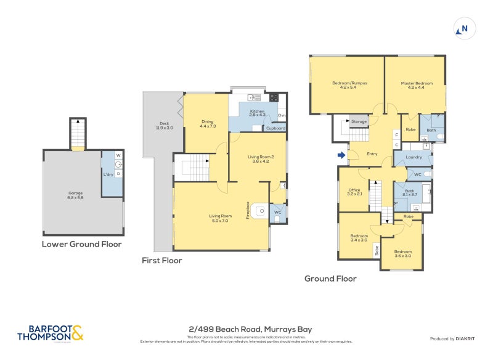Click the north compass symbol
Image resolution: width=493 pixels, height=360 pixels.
[x=463, y=28]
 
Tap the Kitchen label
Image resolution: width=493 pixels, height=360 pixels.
[x=256, y=113]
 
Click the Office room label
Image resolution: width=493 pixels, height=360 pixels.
[x=354, y=192]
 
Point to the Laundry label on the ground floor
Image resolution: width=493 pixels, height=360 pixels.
[x=415, y=158]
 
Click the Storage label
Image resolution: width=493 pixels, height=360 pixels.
[x=359, y=121]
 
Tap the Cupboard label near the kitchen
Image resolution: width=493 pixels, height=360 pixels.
[x=275, y=128]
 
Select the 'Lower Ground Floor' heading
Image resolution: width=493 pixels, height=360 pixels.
[x=81, y=244]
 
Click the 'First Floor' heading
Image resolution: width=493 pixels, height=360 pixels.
[x=161, y=260]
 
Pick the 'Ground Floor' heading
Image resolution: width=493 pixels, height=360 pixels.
[x=330, y=279]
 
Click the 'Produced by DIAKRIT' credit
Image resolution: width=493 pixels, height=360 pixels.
[x=453, y=338]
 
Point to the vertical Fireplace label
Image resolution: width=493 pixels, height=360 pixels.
[x=248, y=211]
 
